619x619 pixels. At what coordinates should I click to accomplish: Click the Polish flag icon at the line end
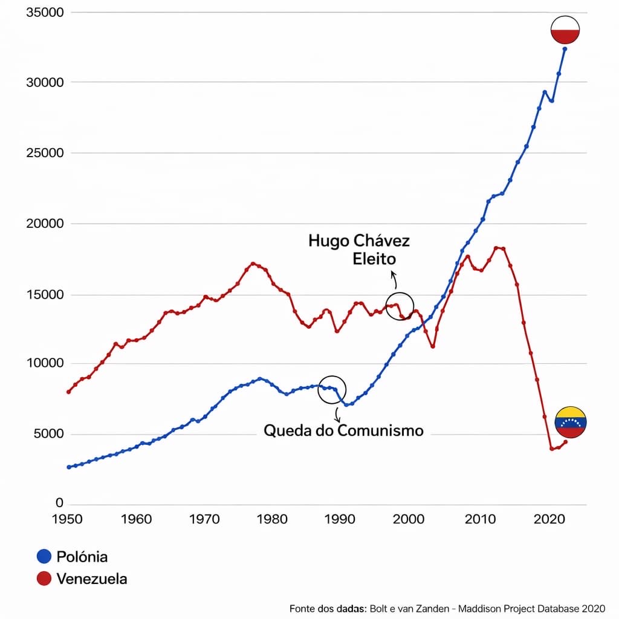tap(565, 30)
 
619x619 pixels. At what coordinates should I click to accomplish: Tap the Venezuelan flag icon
tap(571, 422)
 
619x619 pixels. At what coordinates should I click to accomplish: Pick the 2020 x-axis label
tap(549, 519)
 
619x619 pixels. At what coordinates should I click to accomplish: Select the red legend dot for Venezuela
tap(44, 578)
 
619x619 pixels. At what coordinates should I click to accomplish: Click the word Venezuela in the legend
tap(92, 578)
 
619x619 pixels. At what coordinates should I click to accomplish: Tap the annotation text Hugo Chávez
tap(359, 241)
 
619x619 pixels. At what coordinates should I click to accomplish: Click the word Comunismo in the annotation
tap(380, 430)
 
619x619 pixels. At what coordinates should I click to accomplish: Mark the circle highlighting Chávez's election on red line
tap(400, 306)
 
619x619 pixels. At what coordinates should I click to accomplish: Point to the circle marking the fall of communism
tap(332, 389)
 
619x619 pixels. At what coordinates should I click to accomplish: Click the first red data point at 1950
tap(68, 392)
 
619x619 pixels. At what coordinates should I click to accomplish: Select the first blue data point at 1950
tap(68, 467)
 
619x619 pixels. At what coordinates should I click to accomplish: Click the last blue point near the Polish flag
tap(565, 49)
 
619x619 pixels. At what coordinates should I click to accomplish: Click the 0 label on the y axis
tap(59, 503)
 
